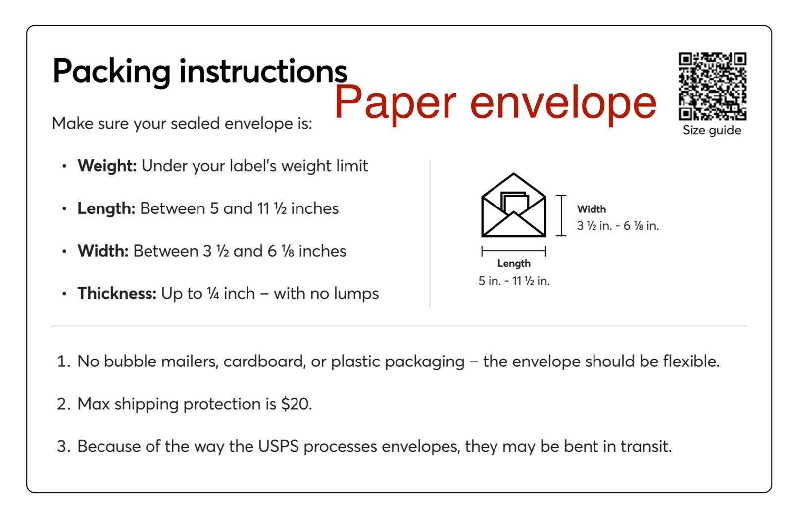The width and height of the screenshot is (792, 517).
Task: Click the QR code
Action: (x=712, y=87)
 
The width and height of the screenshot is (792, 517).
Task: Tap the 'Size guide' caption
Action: (x=712, y=130)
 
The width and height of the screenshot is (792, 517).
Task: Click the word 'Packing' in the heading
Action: (x=111, y=72)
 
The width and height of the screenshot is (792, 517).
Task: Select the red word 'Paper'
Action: (x=396, y=103)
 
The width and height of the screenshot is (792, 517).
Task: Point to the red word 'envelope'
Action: (x=563, y=103)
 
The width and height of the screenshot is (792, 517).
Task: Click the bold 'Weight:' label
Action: (x=107, y=166)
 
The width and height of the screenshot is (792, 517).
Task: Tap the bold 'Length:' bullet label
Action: (x=106, y=208)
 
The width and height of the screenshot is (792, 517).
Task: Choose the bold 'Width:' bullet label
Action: (x=103, y=251)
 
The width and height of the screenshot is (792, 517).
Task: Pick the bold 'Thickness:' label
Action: (x=117, y=294)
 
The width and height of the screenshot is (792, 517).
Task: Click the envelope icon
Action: (x=514, y=205)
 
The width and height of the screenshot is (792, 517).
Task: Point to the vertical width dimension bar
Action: (x=561, y=215)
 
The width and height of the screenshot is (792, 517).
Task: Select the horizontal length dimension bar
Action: (x=514, y=251)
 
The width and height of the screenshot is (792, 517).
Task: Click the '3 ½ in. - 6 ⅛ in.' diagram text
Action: (x=618, y=226)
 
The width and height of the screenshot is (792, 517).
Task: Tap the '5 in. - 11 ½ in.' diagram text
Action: (x=514, y=281)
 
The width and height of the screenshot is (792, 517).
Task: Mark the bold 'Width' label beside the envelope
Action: (x=592, y=209)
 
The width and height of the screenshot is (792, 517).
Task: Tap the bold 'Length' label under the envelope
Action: (x=514, y=264)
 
